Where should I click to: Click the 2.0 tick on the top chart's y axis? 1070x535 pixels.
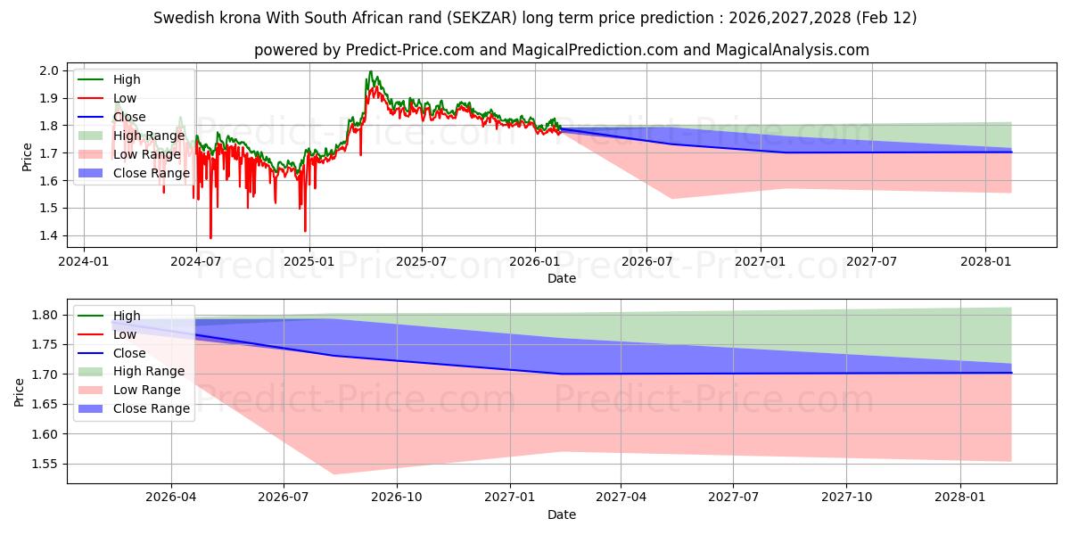pos(48,70)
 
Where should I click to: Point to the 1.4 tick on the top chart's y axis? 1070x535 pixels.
pos(48,235)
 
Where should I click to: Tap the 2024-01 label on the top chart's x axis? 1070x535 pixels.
pos(83,262)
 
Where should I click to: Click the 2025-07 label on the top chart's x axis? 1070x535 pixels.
pos(421,262)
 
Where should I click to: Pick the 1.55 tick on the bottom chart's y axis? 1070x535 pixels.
pos(45,464)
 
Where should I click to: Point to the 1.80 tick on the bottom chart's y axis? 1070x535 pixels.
pos(45,315)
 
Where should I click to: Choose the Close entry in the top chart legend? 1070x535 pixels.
pos(129,117)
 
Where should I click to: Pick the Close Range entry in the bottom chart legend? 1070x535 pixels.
pos(151,408)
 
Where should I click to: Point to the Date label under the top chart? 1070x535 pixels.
pos(562,278)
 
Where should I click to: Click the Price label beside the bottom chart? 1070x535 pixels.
pos(20,391)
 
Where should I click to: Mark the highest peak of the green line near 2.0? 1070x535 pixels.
pos(370,71)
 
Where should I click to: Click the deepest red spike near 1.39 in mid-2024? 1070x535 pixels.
pos(210,238)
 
